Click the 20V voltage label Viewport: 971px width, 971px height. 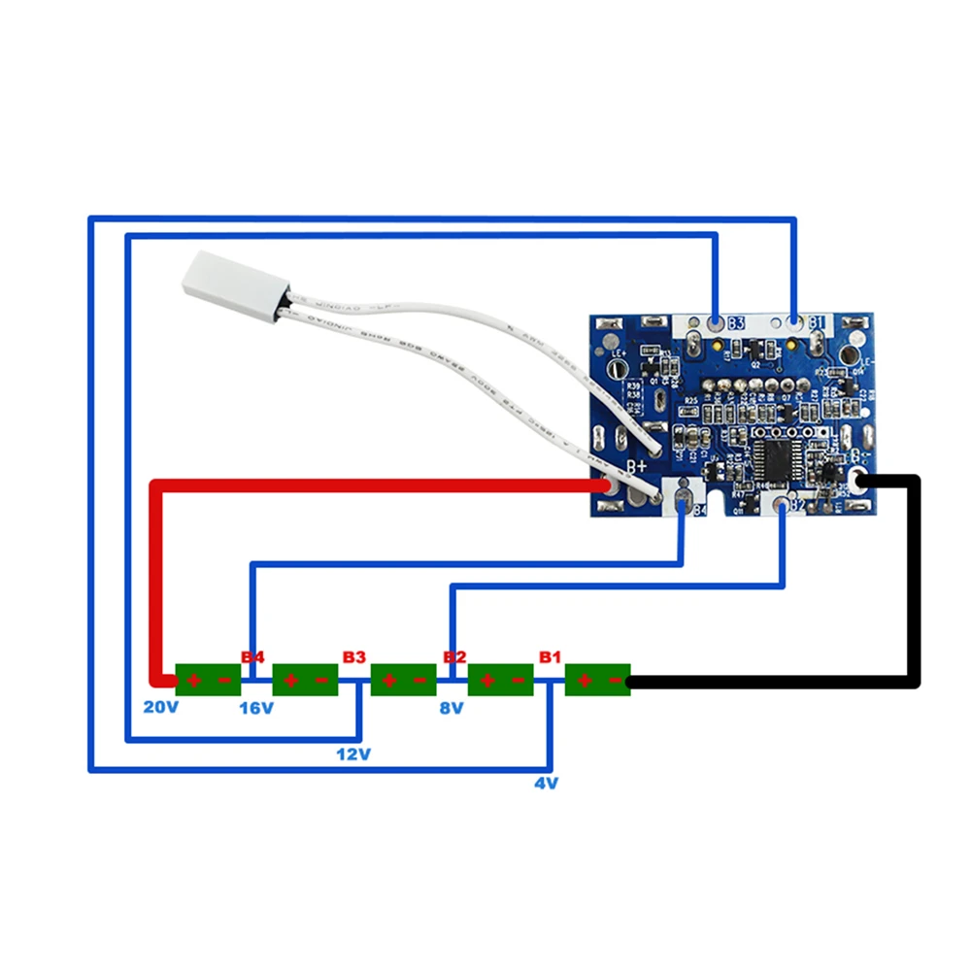pyautogui.click(x=161, y=707)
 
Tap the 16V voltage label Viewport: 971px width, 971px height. pyautogui.click(x=256, y=708)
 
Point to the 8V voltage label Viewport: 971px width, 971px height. pyautogui.click(x=452, y=708)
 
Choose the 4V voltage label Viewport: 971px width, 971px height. pyautogui.click(x=547, y=783)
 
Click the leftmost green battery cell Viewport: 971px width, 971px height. pyautogui.click(x=208, y=680)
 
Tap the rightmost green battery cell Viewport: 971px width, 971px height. pyautogui.click(x=597, y=680)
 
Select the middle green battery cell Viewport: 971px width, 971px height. pyautogui.click(x=403, y=680)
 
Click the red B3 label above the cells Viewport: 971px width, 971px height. pyautogui.click(x=353, y=657)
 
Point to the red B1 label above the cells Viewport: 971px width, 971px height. pyautogui.click(x=550, y=657)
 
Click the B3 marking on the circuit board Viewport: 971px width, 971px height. pyautogui.click(x=735, y=322)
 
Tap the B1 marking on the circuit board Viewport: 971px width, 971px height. pyautogui.click(x=816, y=322)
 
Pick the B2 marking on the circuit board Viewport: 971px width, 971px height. pyautogui.click(x=796, y=505)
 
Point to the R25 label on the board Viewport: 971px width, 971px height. pyautogui.click(x=691, y=400)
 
